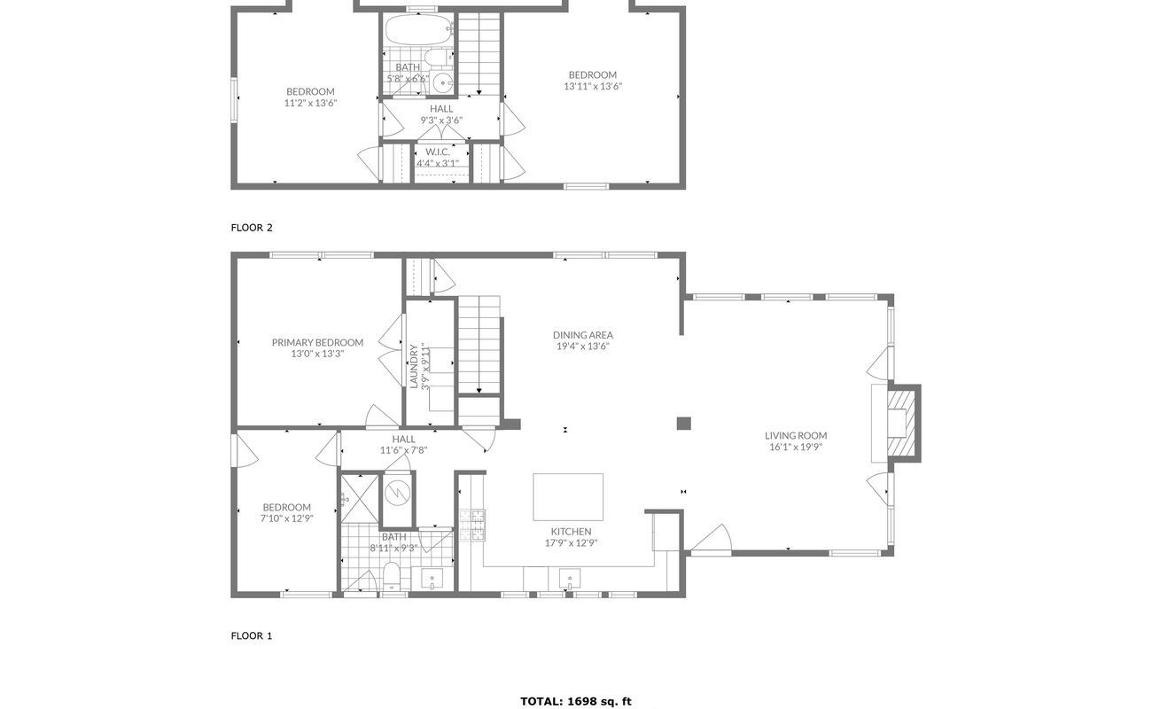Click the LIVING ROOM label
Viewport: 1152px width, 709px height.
point(796,435)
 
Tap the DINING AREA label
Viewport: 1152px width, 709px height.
point(583,335)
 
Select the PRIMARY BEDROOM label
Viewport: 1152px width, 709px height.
point(317,342)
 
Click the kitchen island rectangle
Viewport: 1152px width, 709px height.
point(568,496)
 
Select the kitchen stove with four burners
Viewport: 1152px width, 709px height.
point(472,525)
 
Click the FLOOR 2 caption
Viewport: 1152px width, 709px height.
point(252,228)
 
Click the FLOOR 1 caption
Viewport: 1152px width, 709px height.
point(252,635)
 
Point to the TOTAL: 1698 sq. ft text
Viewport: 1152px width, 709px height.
point(576,701)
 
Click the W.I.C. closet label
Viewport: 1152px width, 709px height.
point(438,152)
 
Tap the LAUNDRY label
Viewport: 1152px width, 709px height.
point(414,366)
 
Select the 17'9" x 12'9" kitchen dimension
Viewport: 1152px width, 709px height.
point(571,542)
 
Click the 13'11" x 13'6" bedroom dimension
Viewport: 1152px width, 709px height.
point(592,87)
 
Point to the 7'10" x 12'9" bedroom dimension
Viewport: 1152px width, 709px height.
point(286,518)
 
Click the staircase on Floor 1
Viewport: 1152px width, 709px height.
point(479,346)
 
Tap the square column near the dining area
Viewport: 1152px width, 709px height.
point(683,424)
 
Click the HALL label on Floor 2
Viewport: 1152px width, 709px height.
point(441,109)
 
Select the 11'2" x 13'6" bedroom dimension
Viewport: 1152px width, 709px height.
point(310,103)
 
